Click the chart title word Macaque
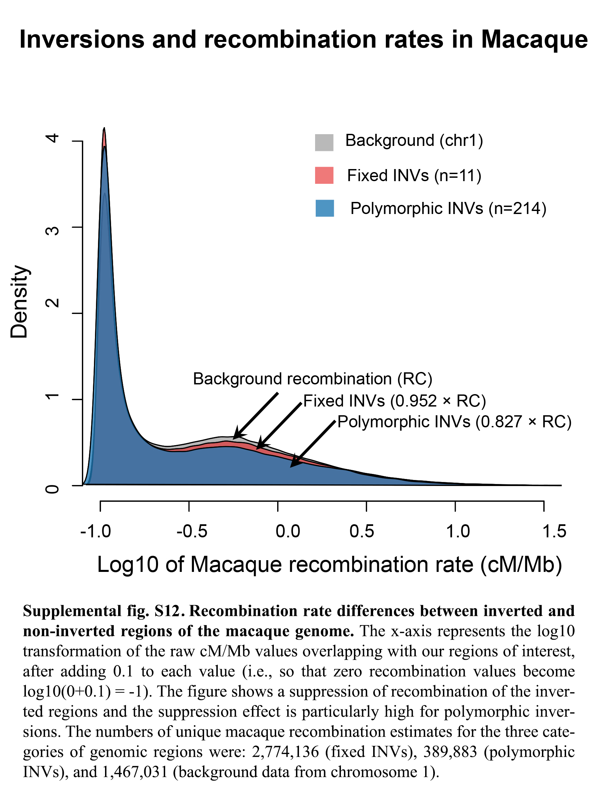534,40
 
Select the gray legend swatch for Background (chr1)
324,142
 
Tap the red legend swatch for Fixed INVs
324,175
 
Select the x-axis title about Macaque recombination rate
330,565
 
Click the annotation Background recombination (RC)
312,379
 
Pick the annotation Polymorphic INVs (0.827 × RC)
454,422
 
